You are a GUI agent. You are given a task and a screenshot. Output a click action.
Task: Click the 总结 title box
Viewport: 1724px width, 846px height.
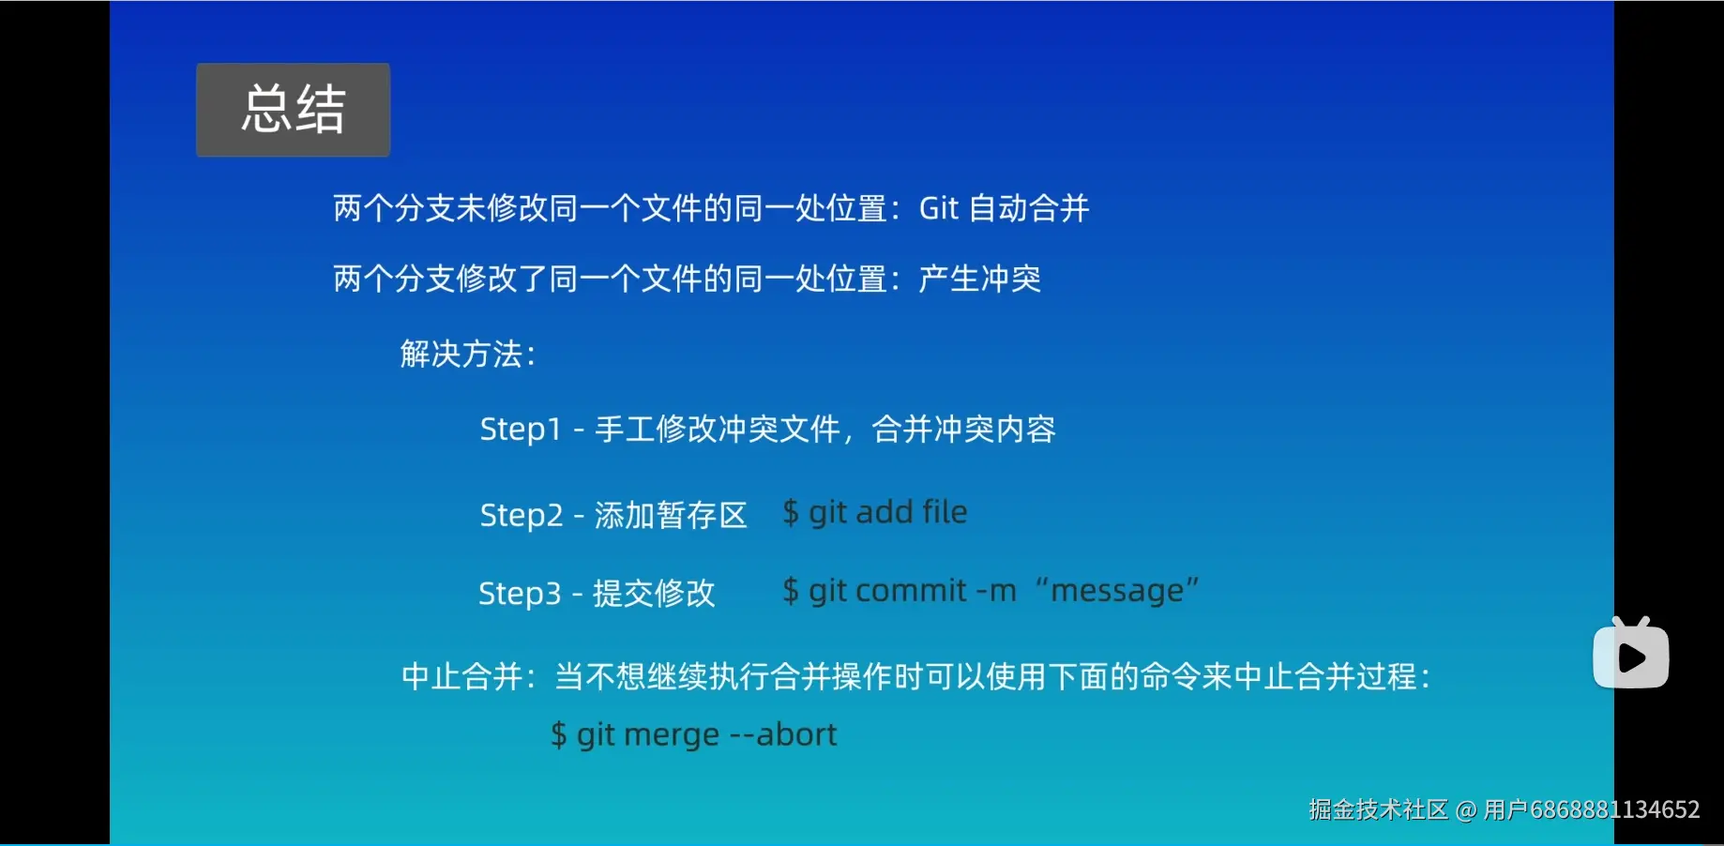(x=293, y=110)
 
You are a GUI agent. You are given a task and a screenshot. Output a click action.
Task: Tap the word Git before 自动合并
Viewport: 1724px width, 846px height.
(x=939, y=208)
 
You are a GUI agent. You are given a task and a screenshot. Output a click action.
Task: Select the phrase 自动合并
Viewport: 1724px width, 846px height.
(x=1029, y=208)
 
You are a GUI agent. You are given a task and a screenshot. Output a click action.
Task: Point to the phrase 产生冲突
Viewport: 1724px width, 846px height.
(x=979, y=279)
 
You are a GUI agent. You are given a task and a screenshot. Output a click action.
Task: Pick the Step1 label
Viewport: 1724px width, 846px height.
(x=520, y=430)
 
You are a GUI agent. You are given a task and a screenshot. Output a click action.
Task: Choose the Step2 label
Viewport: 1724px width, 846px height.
(x=521, y=515)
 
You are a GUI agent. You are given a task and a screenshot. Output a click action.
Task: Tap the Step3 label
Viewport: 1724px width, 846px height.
(x=519, y=593)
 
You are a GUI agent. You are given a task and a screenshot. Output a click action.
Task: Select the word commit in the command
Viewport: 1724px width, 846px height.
(x=911, y=591)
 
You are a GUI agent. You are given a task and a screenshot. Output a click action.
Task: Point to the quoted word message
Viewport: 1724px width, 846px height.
(x=1116, y=591)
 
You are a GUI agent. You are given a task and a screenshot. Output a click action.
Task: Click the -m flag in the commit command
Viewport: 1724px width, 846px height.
(x=996, y=591)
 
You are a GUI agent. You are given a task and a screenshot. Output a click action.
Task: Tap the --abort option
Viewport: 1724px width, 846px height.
(x=783, y=734)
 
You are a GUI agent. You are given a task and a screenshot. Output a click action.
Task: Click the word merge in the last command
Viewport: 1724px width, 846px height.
(x=672, y=735)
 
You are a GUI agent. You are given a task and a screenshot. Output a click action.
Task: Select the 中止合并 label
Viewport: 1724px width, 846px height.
(x=461, y=676)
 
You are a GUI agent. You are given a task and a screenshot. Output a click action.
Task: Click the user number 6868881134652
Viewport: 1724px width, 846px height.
(x=1614, y=809)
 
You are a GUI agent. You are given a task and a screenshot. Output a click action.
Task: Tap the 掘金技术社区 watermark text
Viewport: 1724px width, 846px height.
(x=1378, y=809)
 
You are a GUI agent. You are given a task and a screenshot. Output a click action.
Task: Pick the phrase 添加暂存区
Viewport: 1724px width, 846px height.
(x=671, y=515)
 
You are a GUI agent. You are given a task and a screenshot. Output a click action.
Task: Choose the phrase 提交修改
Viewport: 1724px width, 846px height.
(x=654, y=593)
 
